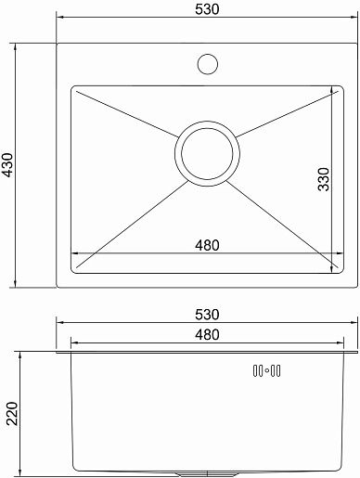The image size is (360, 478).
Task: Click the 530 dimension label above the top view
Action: [x=207, y=9]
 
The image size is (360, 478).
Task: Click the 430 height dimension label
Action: [x=7, y=165]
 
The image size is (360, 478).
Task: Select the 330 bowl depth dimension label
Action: [x=324, y=179]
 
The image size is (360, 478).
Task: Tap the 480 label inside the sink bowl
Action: [x=207, y=245]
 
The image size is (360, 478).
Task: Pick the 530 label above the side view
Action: [x=207, y=315]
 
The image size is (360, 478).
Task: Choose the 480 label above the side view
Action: [x=207, y=334]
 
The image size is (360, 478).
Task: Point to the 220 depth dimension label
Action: [x=12, y=413]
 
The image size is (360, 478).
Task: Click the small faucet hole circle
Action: [x=208, y=64]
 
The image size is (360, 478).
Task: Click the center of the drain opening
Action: [x=207, y=154]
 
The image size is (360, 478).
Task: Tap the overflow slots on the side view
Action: [x=266, y=370]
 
